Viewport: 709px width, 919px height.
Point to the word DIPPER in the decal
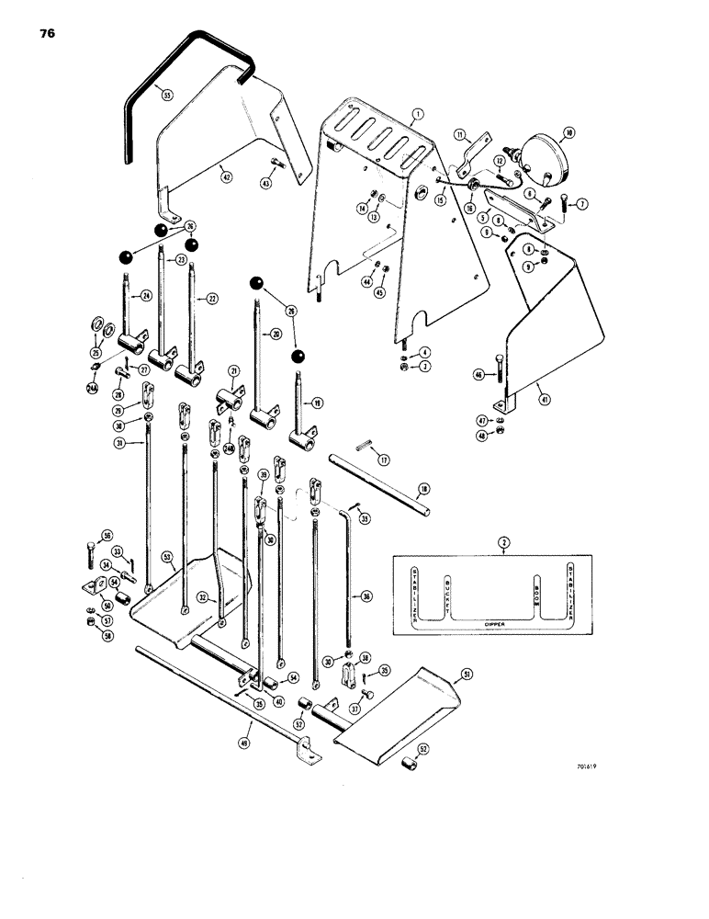tap(495, 624)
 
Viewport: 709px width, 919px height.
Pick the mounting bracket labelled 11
tap(467, 150)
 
